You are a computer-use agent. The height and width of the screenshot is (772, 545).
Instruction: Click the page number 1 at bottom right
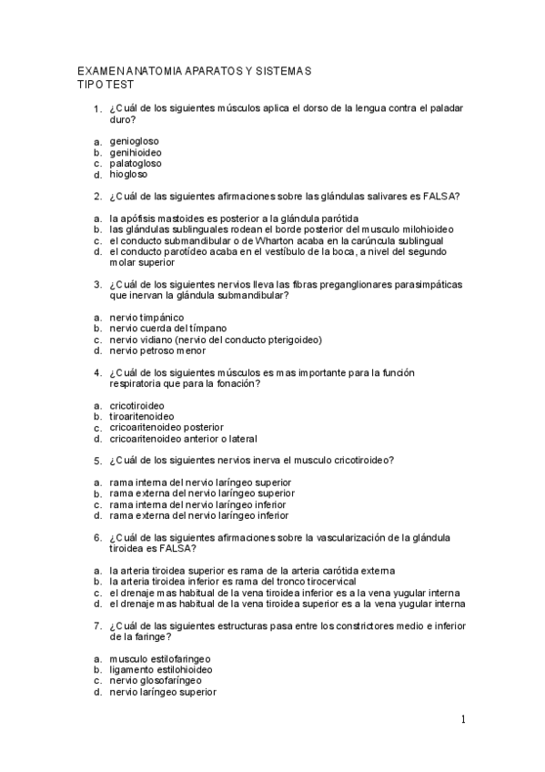pos(463,720)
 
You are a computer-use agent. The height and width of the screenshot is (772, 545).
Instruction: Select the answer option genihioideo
pos(136,153)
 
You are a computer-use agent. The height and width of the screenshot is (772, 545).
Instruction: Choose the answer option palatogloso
pos(136,164)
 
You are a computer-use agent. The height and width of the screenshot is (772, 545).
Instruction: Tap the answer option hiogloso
pos(128,175)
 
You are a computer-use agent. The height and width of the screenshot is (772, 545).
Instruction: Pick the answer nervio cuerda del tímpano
pos(168,329)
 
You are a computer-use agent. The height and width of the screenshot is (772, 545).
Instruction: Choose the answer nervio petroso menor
pos(157,350)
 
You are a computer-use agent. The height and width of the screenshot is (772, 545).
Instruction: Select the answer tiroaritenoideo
pos(142,416)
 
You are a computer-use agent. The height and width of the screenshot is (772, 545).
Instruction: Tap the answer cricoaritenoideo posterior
pos(166,427)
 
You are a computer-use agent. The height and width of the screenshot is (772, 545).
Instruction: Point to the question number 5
pos(96,461)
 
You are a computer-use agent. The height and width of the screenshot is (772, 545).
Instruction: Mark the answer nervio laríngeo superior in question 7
pos(163,692)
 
